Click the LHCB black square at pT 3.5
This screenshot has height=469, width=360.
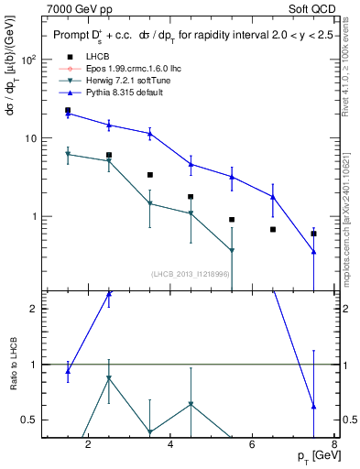(150, 175)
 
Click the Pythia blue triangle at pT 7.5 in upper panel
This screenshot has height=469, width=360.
(314, 252)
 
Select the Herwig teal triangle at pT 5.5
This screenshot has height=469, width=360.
(232, 250)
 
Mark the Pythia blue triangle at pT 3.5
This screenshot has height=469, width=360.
(150, 134)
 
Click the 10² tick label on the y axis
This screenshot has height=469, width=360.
(27, 59)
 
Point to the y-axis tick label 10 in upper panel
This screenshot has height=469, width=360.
(29, 138)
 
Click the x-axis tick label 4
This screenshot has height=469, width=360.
(170, 445)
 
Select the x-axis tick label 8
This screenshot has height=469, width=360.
(334, 445)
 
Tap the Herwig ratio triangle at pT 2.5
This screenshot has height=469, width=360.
(109, 377)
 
